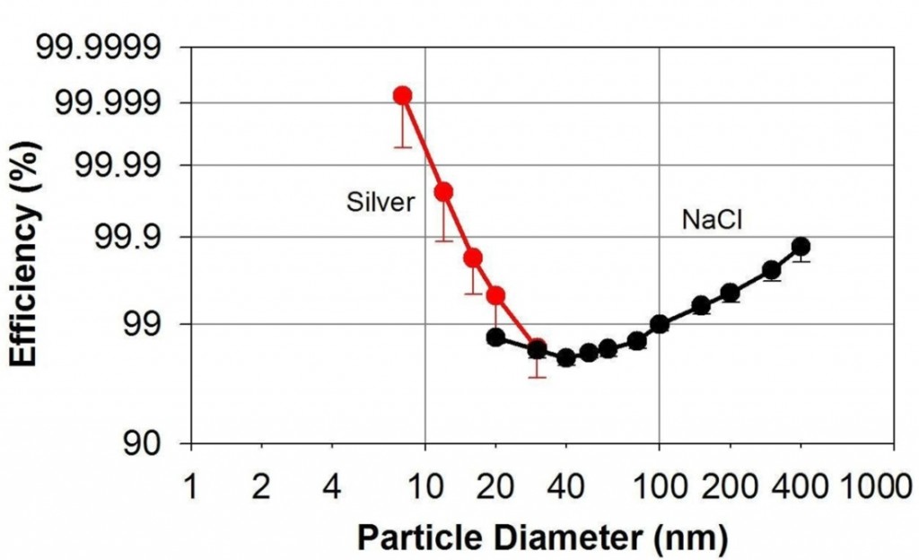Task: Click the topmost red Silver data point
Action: (x=403, y=95)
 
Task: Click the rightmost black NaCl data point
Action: (x=801, y=247)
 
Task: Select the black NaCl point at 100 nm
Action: (x=660, y=324)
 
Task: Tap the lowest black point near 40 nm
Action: (x=566, y=357)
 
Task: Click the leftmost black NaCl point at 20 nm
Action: (x=495, y=337)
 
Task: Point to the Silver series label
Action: (x=381, y=203)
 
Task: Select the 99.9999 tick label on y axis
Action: (x=100, y=46)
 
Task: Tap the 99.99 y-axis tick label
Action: (x=118, y=166)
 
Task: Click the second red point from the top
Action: (x=442, y=191)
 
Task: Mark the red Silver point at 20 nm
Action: (x=495, y=295)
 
